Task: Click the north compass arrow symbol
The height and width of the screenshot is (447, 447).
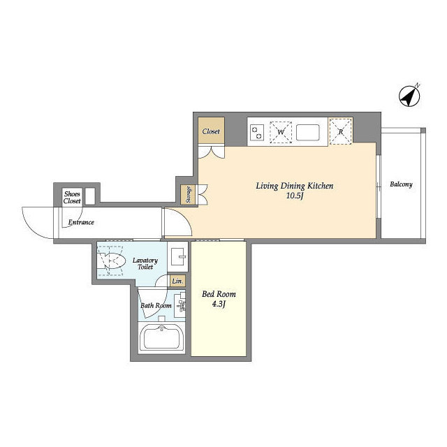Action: tap(409, 96)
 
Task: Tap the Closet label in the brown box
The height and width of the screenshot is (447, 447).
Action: tap(211, 131)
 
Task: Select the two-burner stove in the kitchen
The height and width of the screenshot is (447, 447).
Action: tap(256, 133)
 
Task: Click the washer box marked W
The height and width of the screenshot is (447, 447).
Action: tap(281, 132)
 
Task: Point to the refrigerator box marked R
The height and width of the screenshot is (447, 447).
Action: tap(340, 132)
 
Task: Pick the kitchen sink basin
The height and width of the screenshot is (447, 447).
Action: tap(307, 132)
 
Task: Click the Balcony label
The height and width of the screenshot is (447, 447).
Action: tap(401, 184)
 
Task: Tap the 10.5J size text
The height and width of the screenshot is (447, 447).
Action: tap(295, 196)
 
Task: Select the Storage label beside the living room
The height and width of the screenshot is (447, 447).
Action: tap(188, 195)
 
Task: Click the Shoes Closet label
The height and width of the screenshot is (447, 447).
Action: tap(72, 197)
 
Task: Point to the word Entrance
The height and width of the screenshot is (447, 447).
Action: tap(81, 222)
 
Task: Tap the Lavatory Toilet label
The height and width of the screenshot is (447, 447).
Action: tap(145, 263)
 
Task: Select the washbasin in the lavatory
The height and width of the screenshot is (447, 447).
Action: tap(178, 256)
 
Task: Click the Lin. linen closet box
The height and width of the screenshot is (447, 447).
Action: tap(177, 281)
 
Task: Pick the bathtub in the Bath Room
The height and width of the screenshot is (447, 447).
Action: tap(161, 338)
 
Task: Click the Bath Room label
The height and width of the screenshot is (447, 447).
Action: tap(156, 306)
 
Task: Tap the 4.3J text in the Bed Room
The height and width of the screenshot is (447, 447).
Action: tap(219, 305)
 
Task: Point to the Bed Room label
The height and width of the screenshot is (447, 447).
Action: tap(219, 294)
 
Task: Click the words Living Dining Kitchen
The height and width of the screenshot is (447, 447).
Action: tap(295, 186)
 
